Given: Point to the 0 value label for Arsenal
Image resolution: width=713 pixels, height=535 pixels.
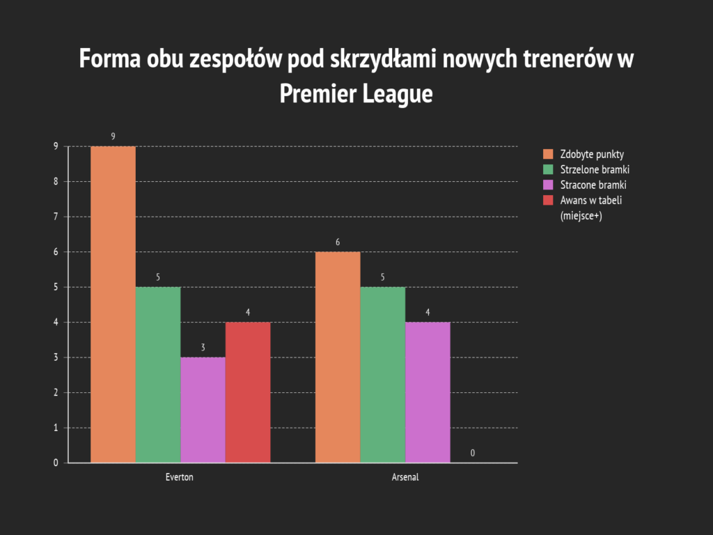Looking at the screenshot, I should (473, 453).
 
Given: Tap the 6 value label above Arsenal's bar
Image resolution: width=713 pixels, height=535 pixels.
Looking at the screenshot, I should (338, 242).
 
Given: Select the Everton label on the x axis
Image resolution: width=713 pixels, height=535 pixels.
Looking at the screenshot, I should (180, 478).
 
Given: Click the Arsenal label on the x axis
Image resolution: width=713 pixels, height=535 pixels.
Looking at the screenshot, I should (405, 478).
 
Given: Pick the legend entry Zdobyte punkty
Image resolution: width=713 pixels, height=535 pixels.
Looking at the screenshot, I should (592, 154).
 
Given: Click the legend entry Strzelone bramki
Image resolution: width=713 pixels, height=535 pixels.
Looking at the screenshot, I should (595, 169).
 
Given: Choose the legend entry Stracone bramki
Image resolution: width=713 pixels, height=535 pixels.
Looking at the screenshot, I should (593, 185).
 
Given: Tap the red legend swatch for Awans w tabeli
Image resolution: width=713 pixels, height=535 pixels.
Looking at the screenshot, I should (548, 201).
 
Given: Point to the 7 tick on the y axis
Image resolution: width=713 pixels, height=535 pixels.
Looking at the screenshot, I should (56, 217).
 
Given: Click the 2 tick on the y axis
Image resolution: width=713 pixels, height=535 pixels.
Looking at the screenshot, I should (56, 392).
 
